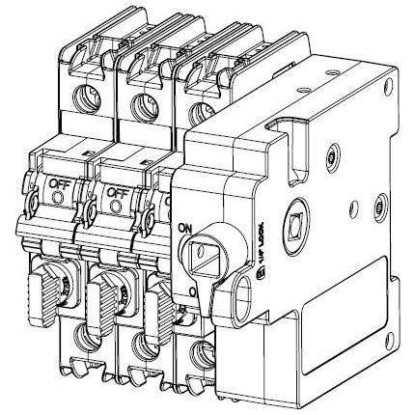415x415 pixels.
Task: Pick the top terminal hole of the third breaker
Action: pos(201,110)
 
